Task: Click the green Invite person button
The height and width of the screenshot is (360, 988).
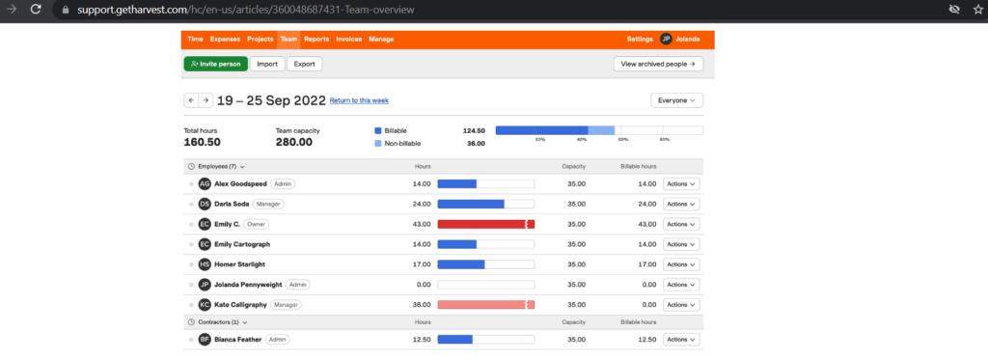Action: point(215,64)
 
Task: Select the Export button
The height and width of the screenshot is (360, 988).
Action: point(304,64)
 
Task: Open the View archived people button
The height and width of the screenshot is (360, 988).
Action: point(658,64)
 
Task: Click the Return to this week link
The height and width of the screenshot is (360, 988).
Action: point(359,100)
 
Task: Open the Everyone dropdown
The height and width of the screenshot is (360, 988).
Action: point(677,100)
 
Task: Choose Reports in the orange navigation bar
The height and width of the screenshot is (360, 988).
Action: point(316,40)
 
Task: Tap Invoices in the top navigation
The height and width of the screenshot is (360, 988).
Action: point(349,40)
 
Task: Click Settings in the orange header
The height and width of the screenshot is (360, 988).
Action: point(640,40)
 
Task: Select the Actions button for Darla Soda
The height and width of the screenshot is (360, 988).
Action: point(682,204)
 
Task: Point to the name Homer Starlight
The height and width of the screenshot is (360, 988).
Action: point(239,263)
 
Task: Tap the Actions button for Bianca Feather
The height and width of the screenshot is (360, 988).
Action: point(682,340)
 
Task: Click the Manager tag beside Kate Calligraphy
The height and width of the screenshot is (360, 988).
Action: point(286,304)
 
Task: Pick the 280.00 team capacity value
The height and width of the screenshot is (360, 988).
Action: point(293,142)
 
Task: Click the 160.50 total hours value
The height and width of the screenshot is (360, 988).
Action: point(203,142)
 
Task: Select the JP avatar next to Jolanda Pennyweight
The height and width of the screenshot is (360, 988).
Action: point(205,284)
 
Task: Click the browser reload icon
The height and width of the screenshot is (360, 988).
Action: point(36,9)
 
